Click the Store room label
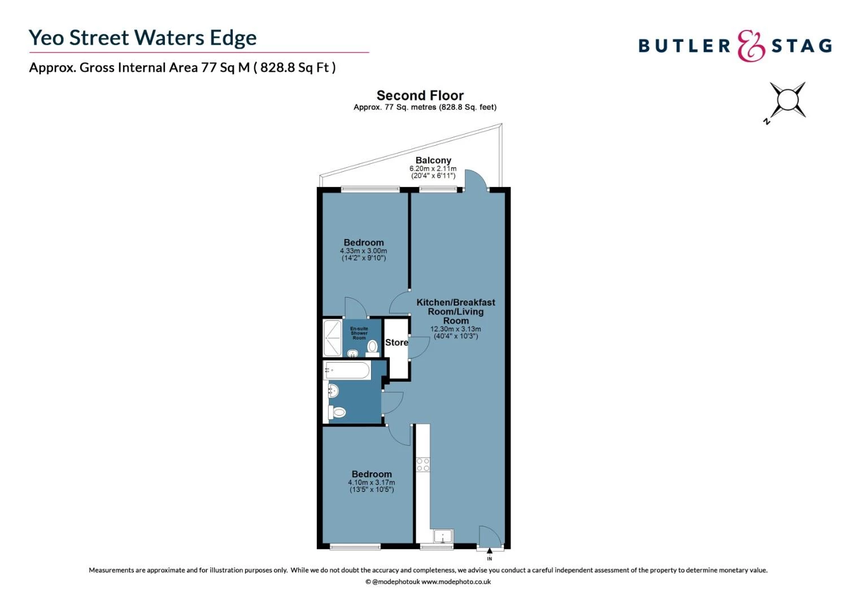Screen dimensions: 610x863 coord(396,342)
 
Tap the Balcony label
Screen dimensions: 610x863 coord(433,160)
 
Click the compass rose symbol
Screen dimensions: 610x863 coord(787,101)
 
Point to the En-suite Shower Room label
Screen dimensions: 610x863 coord(359,333)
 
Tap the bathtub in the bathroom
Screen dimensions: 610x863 coord(347,371)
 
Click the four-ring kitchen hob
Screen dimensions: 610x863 coord(423,465)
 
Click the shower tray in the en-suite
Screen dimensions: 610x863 coord(332,338)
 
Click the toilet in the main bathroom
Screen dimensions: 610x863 coord(337,413)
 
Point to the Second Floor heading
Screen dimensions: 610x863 coord(420,95)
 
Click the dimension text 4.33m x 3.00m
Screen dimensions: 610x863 coord(363,251)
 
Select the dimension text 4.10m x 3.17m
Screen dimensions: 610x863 coord(372,482)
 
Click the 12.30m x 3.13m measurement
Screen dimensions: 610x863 coord(456,329)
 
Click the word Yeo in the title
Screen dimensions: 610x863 coord(46,38)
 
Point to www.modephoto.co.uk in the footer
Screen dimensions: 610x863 coord(456,582)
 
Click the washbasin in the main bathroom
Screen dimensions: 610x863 coord(333,390)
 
